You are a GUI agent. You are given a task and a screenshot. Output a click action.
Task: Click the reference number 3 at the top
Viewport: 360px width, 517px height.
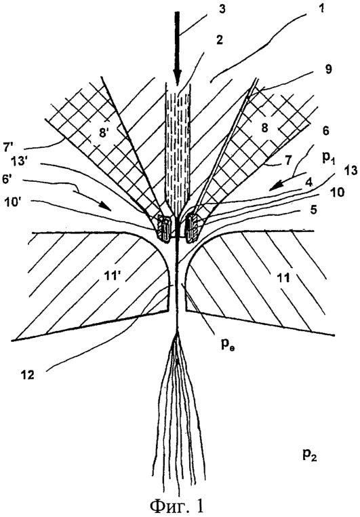click(x=222, y=9)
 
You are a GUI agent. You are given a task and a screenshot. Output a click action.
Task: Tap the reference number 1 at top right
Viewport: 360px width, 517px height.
click(x=322, y=8)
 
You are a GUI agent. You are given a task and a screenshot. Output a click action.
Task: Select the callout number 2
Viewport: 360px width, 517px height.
click(x=219, y=40)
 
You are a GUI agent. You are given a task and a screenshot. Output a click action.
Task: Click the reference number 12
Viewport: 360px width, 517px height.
click(x=28, y=375)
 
